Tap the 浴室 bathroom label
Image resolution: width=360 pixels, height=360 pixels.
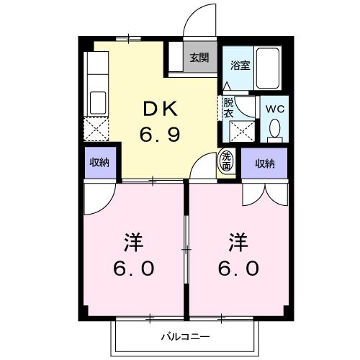[239, 66]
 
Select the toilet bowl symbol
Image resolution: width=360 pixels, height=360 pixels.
[274, 130]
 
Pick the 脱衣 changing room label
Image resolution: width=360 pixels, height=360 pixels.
[228, 107]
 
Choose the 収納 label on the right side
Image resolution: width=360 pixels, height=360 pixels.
[264, 163]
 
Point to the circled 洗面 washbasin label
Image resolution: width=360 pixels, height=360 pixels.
[227, 161]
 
